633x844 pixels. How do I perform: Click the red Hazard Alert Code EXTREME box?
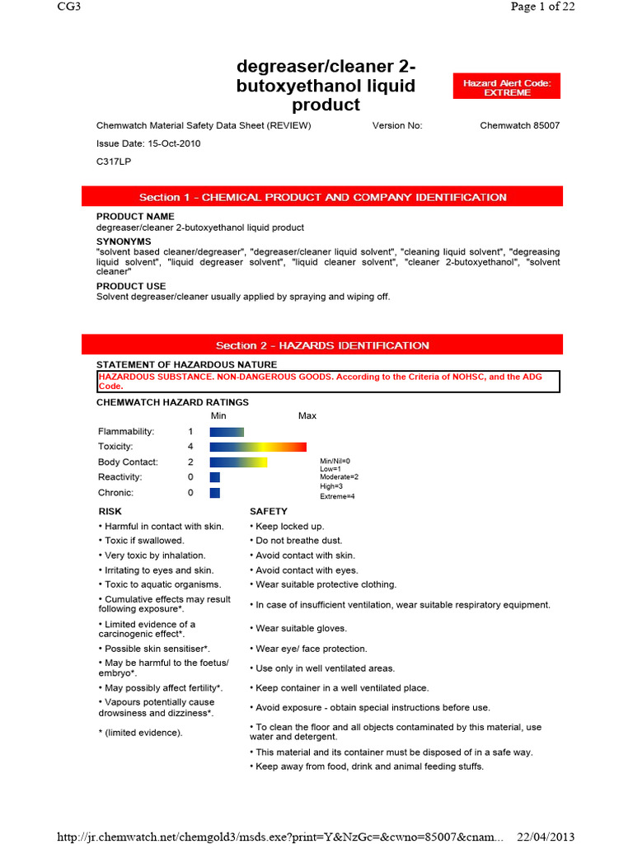tap(506, 87)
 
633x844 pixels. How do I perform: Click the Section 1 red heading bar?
tap(322, 197)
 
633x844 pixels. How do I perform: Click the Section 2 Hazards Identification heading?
tap(322, 345)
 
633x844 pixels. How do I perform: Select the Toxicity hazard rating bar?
tap(258, 447)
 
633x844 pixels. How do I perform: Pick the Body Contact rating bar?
tap(238, 462)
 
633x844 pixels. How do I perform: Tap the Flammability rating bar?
tap(227, 432)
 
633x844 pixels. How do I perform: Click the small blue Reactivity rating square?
tap(215, 477)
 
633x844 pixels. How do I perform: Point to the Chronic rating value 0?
tap(190, 493)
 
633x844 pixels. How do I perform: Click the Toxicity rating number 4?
tap(190, 447)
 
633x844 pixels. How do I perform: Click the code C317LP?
tap(114, 162)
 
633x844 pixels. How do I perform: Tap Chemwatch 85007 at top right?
tap(519, 126)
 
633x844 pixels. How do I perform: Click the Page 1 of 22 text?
tap(542, 7)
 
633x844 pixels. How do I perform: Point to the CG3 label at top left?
tap(69, 7)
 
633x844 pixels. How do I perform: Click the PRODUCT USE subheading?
tap(132, 286)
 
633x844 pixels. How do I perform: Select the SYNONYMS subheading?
tap(124, 241)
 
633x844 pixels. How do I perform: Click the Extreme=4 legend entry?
tap(337, 496)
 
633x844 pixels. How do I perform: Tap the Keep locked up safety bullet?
tap(289, 526)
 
